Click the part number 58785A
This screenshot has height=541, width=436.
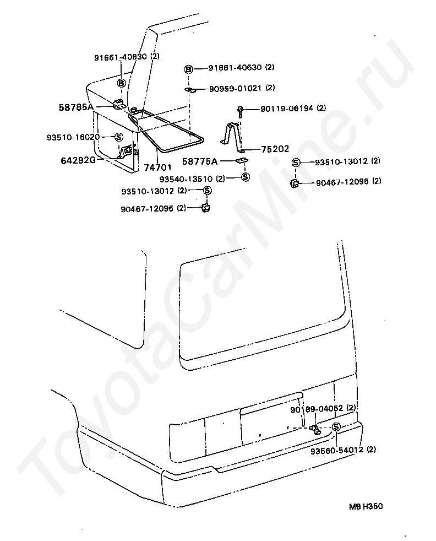(x=77, y=107)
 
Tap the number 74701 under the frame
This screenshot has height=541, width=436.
(x=157, y=167)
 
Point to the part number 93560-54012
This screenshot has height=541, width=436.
(x=335, y=450)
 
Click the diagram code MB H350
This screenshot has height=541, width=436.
(x=365, y=506)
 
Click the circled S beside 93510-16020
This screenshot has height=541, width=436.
(x=118, y=137)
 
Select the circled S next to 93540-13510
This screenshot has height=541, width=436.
(x=246, y=177)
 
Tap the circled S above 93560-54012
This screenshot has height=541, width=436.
(x=335, y=427)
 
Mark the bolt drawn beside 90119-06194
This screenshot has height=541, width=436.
(x=241, y=112)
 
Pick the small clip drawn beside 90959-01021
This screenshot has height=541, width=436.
(x=189, y=89)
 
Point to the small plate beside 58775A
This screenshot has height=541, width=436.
(x=241, y=161)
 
